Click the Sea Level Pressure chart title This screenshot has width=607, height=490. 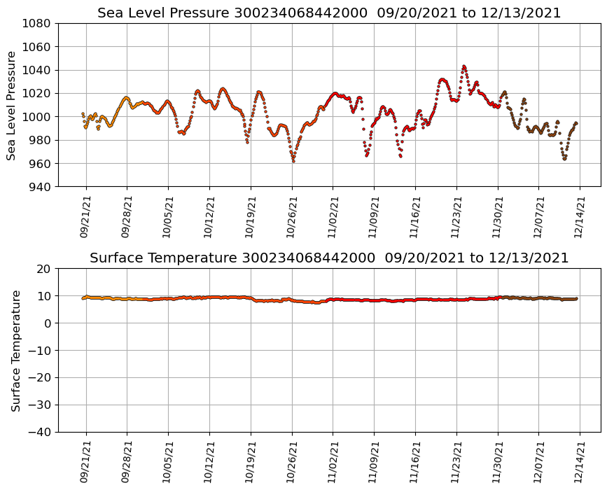[x=329, y=13]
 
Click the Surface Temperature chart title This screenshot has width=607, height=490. [x=329, y=258]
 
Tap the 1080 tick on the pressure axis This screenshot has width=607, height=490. [x=35, y=23]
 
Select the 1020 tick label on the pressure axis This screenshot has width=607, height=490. [x=35, y=93]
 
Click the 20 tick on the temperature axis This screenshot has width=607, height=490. [x=44, y=269]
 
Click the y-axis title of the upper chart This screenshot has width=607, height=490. [x=12, y=105]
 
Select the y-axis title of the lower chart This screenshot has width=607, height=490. [x=15, y=350]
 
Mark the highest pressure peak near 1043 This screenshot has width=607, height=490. [x=463, y=66]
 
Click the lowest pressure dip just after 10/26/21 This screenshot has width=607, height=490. [x=293, y=161]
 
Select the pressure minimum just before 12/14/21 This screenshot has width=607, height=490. [x=564, y=159]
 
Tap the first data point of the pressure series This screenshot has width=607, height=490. [x=83, y=113]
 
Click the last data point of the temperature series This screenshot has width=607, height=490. [x=576, y=298]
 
